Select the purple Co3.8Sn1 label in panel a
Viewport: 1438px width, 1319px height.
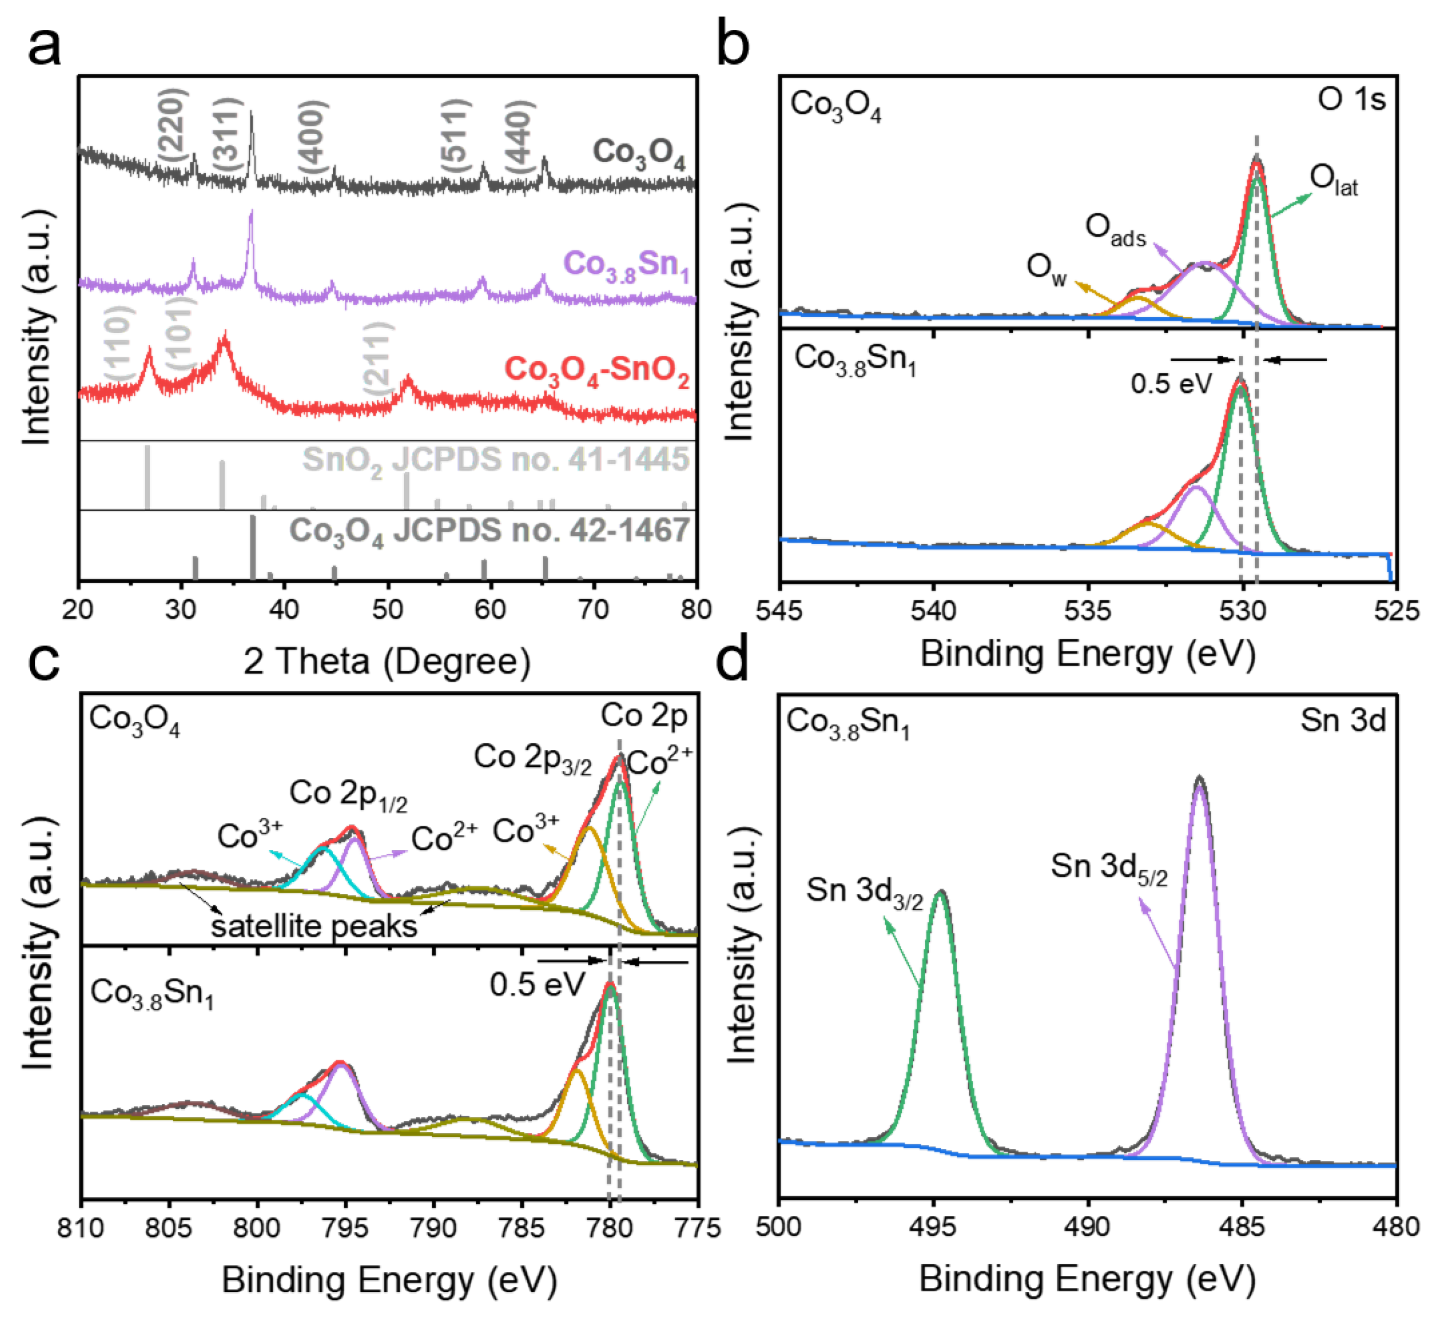pyautogui.click(x=626, y=265)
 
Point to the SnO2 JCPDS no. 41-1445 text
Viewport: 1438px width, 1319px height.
pyautogui.click(x=495, y=460)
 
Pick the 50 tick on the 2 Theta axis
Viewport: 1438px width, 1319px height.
pyautogui.click(x=387, y=610)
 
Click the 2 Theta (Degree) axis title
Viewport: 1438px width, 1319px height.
pyautogui.click(x=387, y=661)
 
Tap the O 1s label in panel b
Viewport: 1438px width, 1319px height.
pyautogui.click(x=1351, y=100)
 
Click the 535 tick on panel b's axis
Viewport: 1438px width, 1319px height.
pyautogui.click(x=1088, y=611)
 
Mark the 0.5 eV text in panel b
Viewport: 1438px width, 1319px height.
pyautogui.click(x=1171, y=384)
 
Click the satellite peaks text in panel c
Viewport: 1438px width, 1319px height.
pyautogui.click(x=314, y=926)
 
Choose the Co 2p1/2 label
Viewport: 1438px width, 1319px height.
pyautogui.click(x=348, y=794)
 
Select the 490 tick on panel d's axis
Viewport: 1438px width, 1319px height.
pyautogui.click(x=1088, y=1226)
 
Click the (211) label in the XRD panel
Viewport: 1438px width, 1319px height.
pyautogui.click(x=378, y=358)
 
